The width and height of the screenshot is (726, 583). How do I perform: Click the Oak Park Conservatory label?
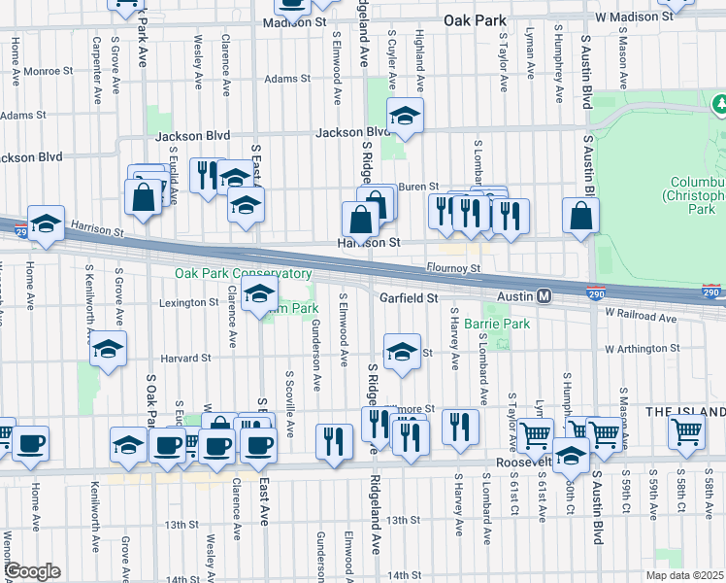(x=243, y=274)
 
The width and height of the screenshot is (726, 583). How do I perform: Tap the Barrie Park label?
(x=497, y=324)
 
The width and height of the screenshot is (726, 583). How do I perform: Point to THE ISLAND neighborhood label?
(x=685, y=412)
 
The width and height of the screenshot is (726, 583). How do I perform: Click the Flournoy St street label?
(x=453, y=267)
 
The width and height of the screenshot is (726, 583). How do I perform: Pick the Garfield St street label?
(x=410, y=298)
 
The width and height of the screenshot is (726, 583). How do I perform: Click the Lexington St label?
(x=189, y=303)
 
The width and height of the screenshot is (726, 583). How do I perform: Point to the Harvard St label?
(x=186, y=358)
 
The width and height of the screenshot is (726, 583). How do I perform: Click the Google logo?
(x=32, y=571)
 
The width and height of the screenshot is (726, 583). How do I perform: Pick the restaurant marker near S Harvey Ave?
(x=460, y=425)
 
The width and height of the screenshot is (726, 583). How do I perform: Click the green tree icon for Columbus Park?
(x=720, y=102)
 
